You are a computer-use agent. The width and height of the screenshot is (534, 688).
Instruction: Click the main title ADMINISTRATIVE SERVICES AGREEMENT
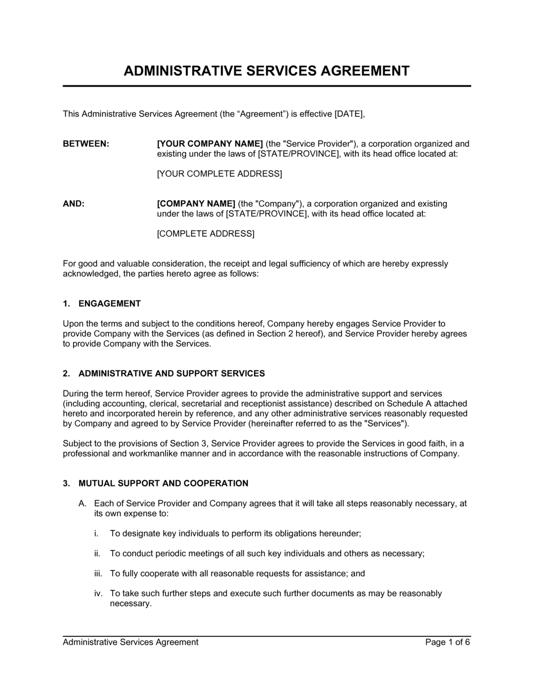pyautogui.click(x=266, y=71)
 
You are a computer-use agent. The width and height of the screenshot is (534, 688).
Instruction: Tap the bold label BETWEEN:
pyautogui.click(x=86, y=143)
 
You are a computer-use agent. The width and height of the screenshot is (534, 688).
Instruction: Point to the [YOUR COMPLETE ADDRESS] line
pyautogui.click(x=219, y=174)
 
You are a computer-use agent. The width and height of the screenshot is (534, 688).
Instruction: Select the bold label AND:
pyautogui.click(x=74, y=204)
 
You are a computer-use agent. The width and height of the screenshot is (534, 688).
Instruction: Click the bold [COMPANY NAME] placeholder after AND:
pyautogui.click(x=196, y=204)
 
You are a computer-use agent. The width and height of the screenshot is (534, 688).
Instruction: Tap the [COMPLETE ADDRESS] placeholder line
pyautogui.click(x=206, y=234)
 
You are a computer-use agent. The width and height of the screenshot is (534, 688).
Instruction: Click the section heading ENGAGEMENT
pyautogui.click(x=109, y=303)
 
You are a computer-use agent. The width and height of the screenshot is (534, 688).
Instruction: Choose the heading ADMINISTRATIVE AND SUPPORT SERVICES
pyautogui.click(x=171, y=373)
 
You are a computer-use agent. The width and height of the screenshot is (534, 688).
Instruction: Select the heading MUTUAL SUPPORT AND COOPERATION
pyautogui.click(x=163, y=483)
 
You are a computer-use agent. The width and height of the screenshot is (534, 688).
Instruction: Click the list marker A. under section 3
pyautogui.click(x=82, y=503)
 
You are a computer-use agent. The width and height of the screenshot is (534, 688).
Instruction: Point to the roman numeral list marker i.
pyautogui.click(x=96, y=533)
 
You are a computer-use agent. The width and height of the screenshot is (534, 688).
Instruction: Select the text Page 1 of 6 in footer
pyautogui.click(x=447, y=642)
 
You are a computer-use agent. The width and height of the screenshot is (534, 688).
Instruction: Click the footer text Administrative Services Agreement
pyautogui.click(x=130, y=642)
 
